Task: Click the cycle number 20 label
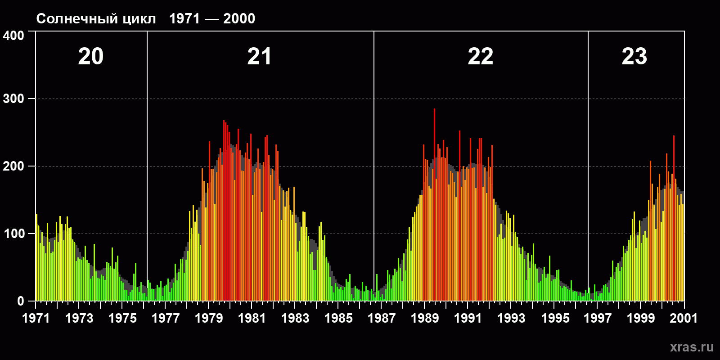(91, 57)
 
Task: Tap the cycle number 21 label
(259, 57)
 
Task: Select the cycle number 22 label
(481, 57)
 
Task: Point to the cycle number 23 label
(634, 57)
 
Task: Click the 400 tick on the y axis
(13, 36)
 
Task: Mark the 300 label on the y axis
(13, 99)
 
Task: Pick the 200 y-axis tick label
(13, 166)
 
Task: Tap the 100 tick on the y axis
(13, 234)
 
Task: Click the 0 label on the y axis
(21, 301)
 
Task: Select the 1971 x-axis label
(36, 319)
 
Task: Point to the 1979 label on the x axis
(209, 319)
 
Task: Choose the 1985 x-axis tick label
(338, 319)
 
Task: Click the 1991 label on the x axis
(468, 319)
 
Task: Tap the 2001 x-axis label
(684, 319)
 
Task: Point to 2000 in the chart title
(239, 19)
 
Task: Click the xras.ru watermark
(692, 347)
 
